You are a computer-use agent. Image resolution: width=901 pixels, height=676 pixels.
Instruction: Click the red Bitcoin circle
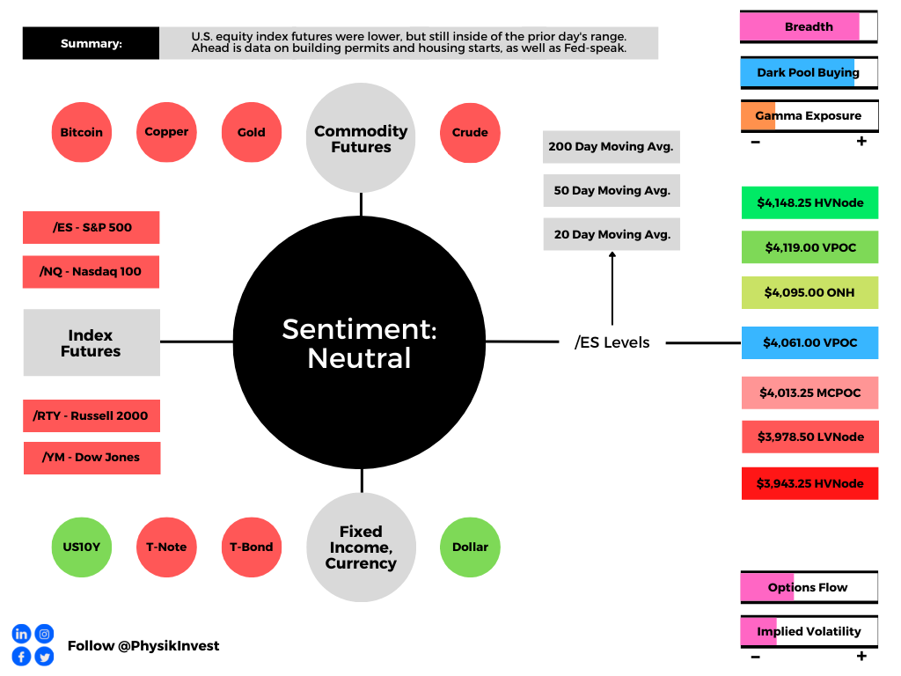[x=82, y=132]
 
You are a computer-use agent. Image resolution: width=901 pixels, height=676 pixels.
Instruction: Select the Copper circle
[x=166, y=132]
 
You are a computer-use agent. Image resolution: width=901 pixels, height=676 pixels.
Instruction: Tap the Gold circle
[x=252, y=132]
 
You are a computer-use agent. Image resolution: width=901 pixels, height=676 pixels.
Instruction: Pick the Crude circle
[x=470, y=133]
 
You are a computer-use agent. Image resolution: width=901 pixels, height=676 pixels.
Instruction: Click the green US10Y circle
[x=82, y=547]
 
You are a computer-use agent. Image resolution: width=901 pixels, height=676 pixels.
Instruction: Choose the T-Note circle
[x=166, y=547]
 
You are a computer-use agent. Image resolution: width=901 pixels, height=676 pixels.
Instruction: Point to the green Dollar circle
[x=470, y=547]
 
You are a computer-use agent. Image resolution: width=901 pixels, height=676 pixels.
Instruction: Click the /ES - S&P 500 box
[x=92, y=228]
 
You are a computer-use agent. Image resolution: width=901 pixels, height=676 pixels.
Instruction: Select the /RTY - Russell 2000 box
[x=92, y=415]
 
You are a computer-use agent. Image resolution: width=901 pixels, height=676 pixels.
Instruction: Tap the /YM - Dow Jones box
[x=92, y=458]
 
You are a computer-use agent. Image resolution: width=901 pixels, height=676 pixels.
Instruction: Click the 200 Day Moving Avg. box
[x=612, y=147]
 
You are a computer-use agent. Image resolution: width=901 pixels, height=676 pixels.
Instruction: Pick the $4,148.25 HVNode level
[x=810, y=203]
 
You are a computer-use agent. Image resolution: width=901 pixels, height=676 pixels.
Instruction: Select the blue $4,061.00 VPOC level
[x=810, y=342]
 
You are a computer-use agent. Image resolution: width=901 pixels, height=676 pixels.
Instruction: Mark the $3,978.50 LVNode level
[x=810, y=437]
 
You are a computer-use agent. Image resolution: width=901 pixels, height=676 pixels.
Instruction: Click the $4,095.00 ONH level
[x=810, y=292]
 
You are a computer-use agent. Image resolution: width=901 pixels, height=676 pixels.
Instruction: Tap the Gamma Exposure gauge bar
[x=809, y=116]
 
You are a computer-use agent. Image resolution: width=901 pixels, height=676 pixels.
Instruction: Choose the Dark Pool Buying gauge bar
[x=809, y=72]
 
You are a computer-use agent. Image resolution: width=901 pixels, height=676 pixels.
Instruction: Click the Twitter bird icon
[x=44, y=657]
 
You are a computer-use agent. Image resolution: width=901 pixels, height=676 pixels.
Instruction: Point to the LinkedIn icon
[x=21, y=634]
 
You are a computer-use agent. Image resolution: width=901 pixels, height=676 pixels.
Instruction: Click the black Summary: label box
[x=91, y=43]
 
